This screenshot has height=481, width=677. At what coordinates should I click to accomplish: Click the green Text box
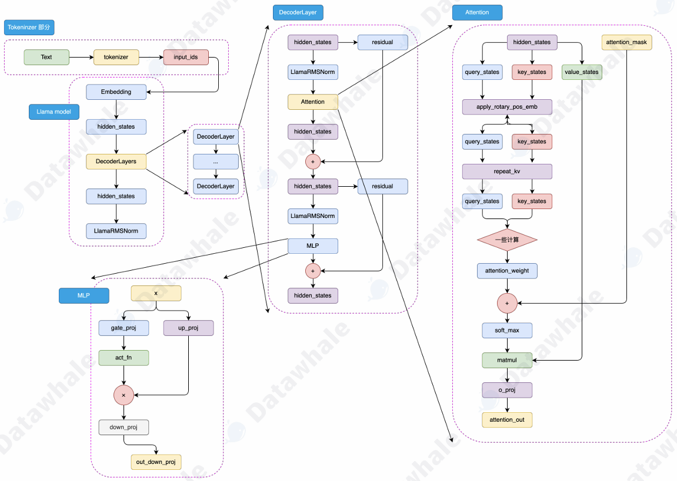(x=46, y=57)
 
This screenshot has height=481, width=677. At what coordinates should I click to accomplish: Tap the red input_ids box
(x=186, y=57)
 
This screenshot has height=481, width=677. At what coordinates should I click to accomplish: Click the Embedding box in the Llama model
(x=116, y=92)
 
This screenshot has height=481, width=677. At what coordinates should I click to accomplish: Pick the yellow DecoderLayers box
(x=116, y=162)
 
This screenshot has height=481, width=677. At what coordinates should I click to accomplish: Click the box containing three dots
(x=216, y=162)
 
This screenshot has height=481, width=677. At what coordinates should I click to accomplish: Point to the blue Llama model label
(x=54, y=112)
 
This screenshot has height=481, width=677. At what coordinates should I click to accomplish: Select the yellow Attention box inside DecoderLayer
(x=313, y=102)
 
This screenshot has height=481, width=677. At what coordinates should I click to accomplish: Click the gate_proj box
(x=124, y=328)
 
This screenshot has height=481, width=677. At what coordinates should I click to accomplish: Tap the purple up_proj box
(x=188, y=328)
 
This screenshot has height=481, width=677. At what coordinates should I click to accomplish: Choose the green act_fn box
(x=124, y=358)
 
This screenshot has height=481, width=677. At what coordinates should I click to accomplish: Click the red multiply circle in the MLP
(x=124, y=396)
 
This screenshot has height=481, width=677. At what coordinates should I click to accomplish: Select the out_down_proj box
(x=156, y=462)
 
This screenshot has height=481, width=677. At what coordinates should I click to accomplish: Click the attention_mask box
(x=626, y=42)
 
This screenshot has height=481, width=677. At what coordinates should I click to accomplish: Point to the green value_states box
(x=582, y=72)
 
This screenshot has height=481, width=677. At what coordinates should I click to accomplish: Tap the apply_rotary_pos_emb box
(x=507, y=107)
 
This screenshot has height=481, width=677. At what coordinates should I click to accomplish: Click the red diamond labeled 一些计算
(x=507, y=240)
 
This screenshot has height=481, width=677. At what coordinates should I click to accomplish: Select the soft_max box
(x=507, y=331)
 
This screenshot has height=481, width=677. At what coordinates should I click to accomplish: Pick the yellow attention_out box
(x=507, y=419)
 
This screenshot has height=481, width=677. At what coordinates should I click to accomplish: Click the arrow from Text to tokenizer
(x=82, y=57)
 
